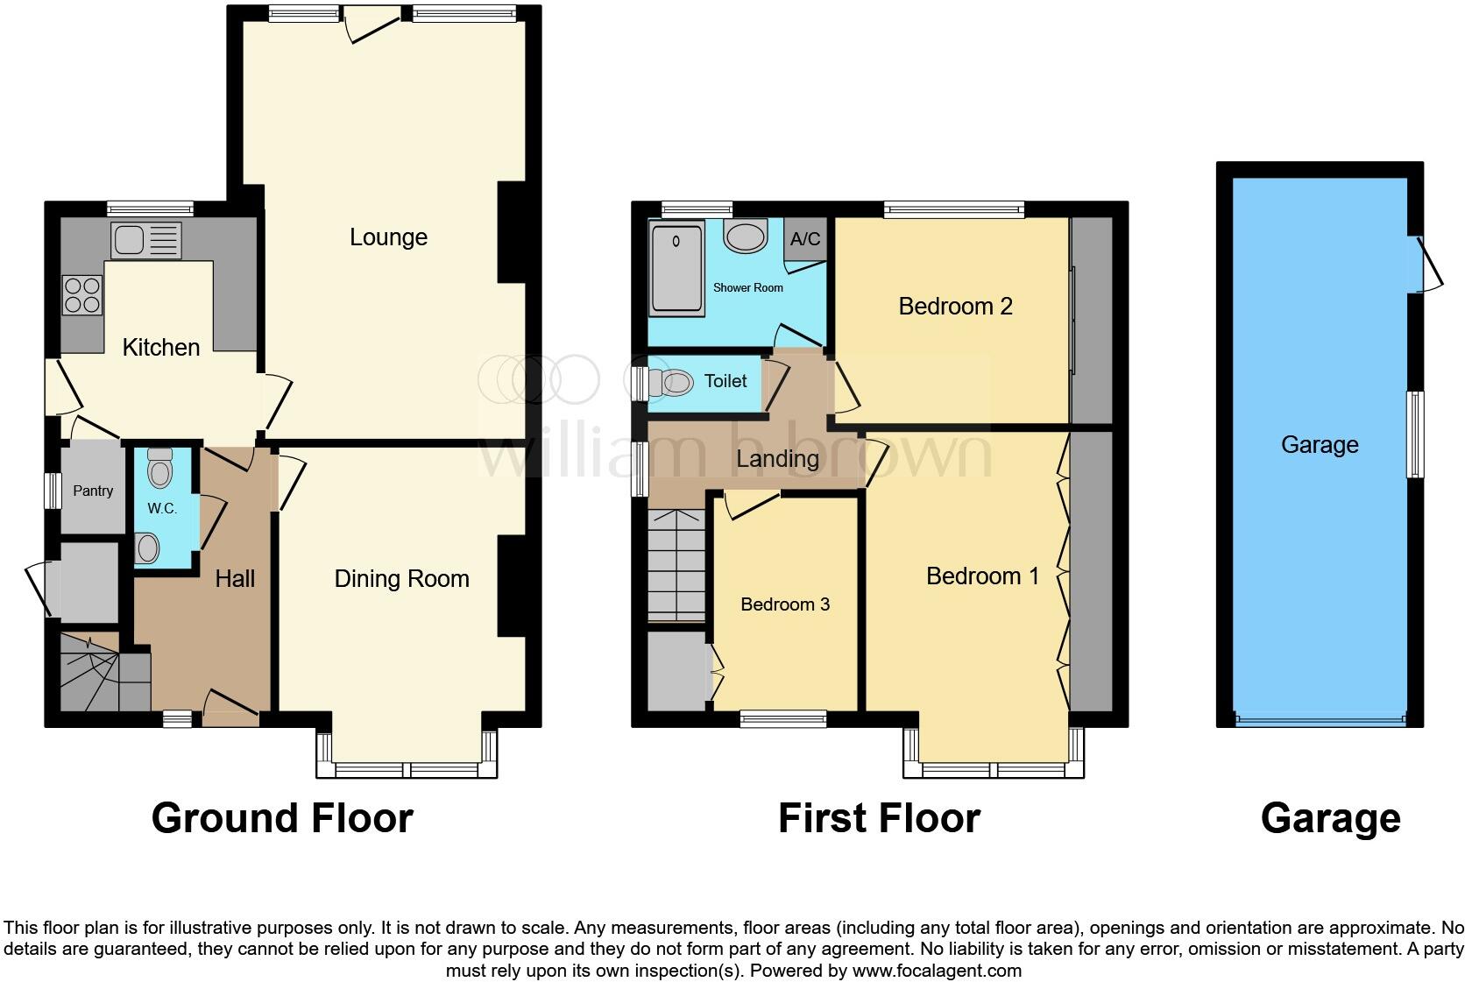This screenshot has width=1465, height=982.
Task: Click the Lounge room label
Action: pyautogui.click(x=388, y=237)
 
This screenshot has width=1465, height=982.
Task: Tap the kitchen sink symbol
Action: pyautogui.click(x=145, y=240)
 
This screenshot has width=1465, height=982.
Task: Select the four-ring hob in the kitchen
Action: pyautogui.click(x=81, y=295)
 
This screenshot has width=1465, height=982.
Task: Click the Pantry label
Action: pyautogui.click(x=93, y=491)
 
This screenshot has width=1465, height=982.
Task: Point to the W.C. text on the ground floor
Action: pyautogui.click(x=162, y=508)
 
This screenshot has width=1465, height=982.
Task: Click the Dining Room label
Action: pyautogui.click(x=401, y=578)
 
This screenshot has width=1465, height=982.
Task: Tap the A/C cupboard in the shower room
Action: pyautogui.click(x=805, y=239)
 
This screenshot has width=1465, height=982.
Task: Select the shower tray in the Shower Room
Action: pyautogui.click(x=676, y=268)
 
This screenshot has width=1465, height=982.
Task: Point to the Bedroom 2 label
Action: pyautogui.click(x=955, y=306)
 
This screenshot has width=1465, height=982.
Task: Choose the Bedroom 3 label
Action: pyautogui.click(x=784, y=604)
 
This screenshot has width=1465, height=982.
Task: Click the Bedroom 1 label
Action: pyautogui.click(x=982, y=576)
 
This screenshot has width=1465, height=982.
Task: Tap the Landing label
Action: pyautogui.click(x=777, y=458)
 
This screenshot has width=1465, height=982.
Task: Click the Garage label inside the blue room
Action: pyautogui.click(x=1319, y=444)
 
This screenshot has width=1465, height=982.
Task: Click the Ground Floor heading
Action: pyautogui.click(x=281, y=818)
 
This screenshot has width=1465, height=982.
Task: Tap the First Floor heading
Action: pyautogui.click(x=879, y=818)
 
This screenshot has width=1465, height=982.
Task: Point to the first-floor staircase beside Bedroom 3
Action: pyautogui.click(x=676, y=565)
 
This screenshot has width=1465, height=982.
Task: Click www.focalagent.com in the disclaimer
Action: pyautogui.click(x=937, y=971)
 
